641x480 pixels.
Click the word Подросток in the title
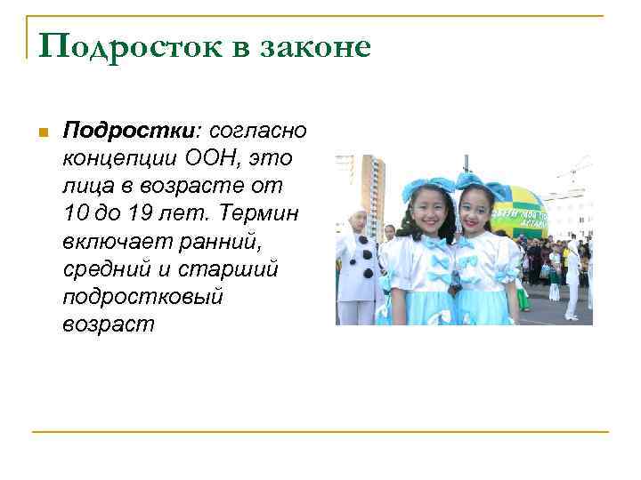tap(119, 46)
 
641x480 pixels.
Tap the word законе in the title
tap(315, 46)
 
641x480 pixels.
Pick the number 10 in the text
tap(77, 214)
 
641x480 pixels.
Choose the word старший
tap(236, 269)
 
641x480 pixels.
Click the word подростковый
tap(142, 297)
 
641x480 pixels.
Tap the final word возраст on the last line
tap(108, 324)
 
